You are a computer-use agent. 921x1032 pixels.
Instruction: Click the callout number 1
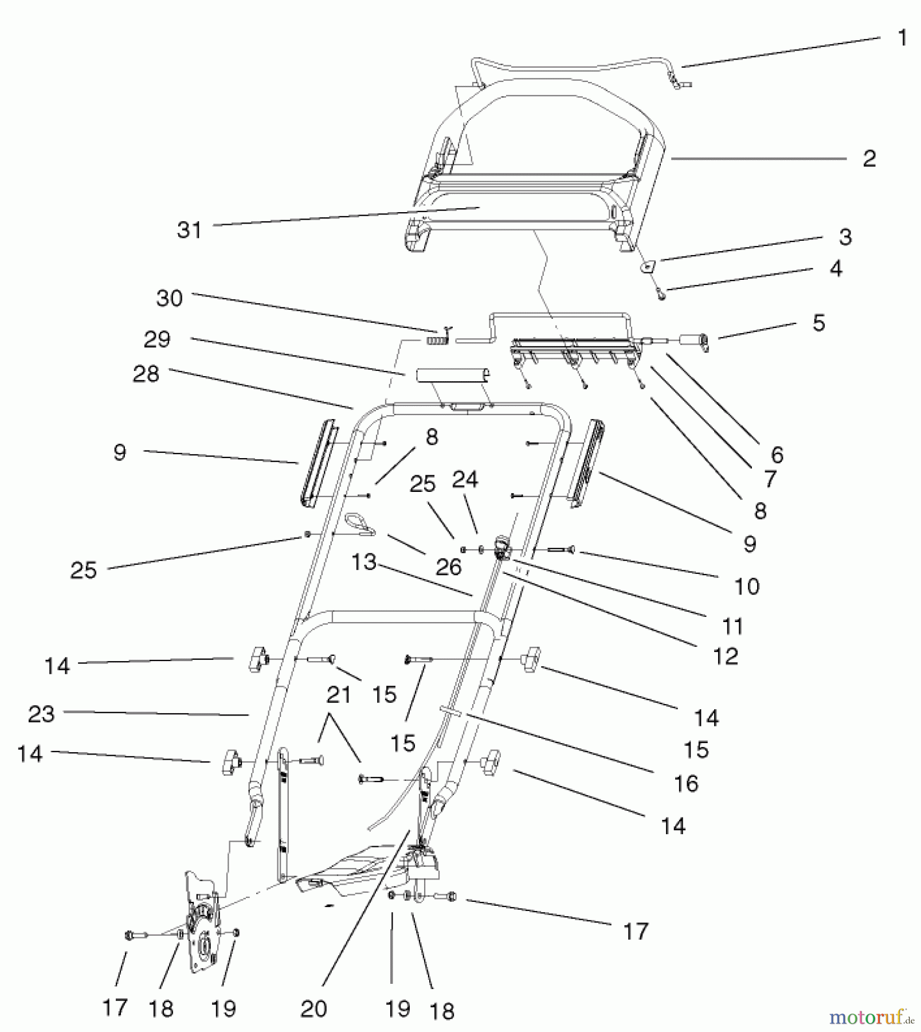(x=902, y=38)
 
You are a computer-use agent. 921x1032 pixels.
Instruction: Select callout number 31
(x=190, y=230)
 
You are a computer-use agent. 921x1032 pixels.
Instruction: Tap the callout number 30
(x=170, y=298)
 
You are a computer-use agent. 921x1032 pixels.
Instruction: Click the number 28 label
(x=146, y=374)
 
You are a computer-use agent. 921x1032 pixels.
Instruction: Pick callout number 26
(x=448, y=567)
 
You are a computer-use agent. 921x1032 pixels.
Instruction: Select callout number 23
(x=41, y=714)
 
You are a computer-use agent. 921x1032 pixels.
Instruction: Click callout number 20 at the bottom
(x=313, y=1008)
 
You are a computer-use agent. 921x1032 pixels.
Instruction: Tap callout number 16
(x=686, y=783)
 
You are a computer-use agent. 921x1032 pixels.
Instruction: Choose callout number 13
(x=364, y=562)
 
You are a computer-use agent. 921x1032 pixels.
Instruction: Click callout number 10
(x=747, y=586)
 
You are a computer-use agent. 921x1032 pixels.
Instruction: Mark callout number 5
(x=818, y=323)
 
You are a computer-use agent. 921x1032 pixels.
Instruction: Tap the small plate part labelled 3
(x=647, y=266)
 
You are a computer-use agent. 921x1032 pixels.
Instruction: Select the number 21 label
(x=339, y=695)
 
